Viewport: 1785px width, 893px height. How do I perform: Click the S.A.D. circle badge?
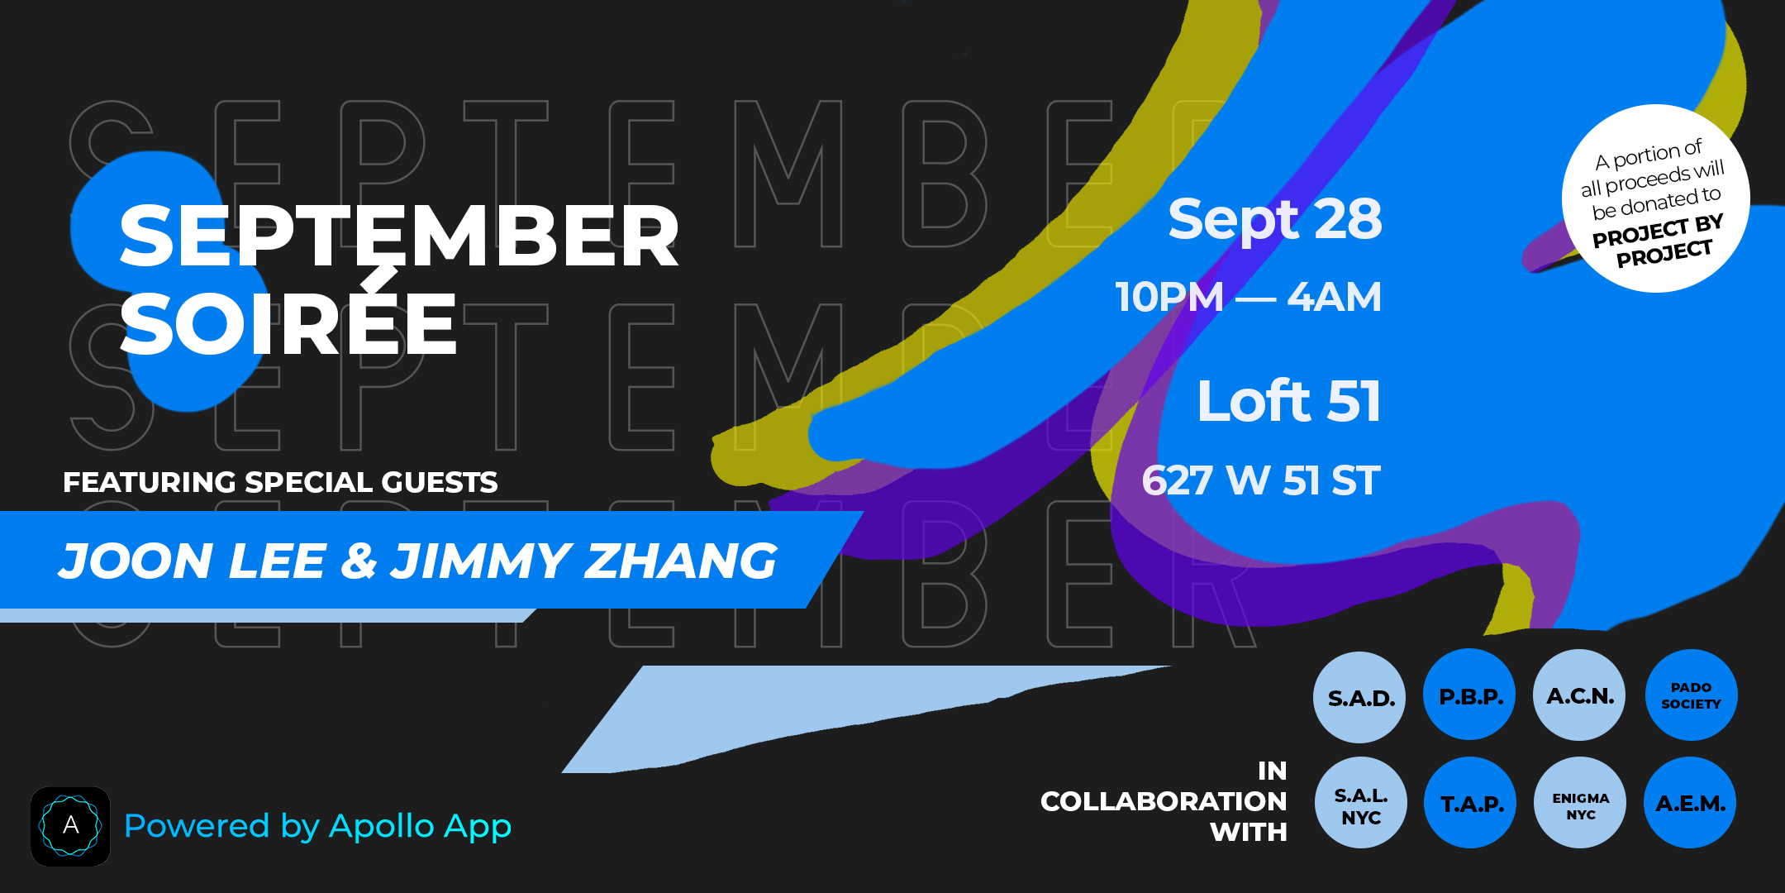(x=1359, y=697)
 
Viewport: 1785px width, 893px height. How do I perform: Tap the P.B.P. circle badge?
(x=1469, y=695)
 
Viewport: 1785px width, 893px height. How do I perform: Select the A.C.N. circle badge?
(x=1579, y=695)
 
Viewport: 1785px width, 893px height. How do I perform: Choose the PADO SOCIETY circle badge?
(x=1691, y=695)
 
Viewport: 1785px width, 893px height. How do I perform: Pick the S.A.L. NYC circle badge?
(x=1361, y=803)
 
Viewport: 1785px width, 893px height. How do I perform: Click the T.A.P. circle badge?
(x=1470, y=803)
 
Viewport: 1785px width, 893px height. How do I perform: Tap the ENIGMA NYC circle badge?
(x=1580, y=803)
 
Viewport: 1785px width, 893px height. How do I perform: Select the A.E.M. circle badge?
(x=1690, y=803)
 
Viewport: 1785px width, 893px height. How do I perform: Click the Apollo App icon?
(x=70, y=826)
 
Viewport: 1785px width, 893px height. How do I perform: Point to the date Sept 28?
(x=1274, y=219)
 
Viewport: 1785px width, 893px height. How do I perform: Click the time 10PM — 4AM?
(x=1248, y=297)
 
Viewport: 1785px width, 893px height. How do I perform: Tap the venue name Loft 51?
(x=1289, y=401)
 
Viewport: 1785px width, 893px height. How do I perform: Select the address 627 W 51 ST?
(x=1261, y=480)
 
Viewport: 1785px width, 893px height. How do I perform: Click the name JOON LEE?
(x=192, y=561)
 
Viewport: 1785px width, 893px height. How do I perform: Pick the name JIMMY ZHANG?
(x=583, y=561)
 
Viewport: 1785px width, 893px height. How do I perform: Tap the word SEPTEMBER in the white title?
(x=399, y=236)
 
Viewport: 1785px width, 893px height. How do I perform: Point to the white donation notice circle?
(x=1655, y=198)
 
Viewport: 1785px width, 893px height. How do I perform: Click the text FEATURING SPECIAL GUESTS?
(x=280, y=482)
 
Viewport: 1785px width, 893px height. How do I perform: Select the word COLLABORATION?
(x=1164, y=801)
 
